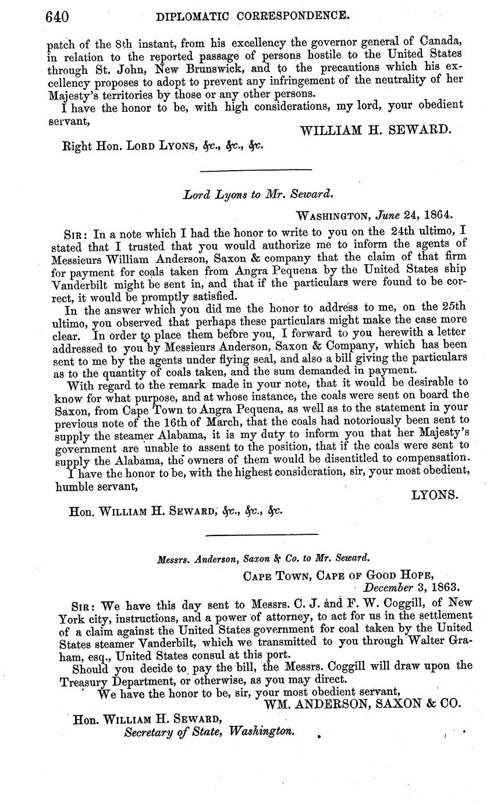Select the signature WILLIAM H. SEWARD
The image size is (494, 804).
click(375, 131)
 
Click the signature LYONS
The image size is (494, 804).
click(435, 495)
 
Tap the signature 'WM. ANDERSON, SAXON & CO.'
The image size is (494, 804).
click(362, 703)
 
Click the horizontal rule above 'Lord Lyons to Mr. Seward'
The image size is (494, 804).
click(255, 170)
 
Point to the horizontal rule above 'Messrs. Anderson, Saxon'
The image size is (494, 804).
click(262, 534)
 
